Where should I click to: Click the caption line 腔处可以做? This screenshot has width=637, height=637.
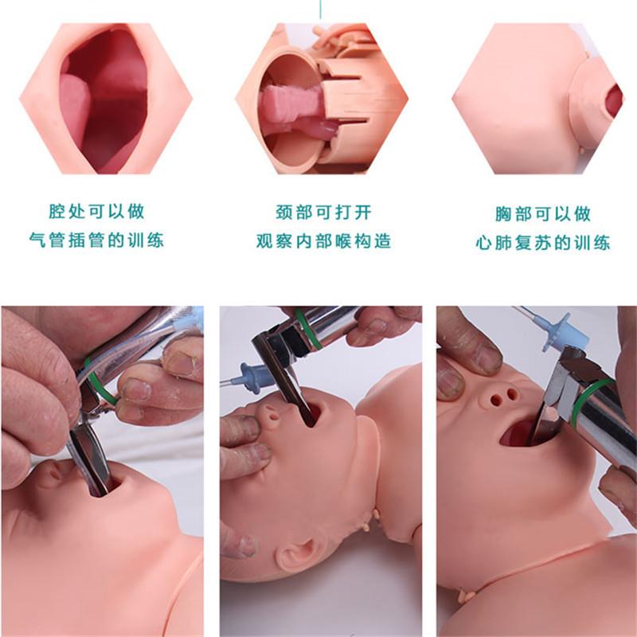[96, 211]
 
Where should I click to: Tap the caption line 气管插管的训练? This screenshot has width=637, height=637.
[96, 240]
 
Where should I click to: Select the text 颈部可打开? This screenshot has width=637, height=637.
[323, 212]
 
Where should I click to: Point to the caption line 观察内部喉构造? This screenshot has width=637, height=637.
[323, 241]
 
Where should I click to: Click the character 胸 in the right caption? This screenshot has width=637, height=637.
[503, 214]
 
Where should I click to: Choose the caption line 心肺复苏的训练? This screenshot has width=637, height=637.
[543, 243]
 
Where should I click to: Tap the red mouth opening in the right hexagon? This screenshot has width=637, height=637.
[613, 100]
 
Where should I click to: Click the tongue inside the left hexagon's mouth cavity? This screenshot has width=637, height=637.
[75, 107]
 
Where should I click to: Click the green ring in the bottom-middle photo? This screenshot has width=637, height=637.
[308, 328]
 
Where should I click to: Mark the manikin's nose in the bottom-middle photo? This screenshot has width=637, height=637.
[268, 412]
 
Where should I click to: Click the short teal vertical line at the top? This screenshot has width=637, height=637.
[320, 9]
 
